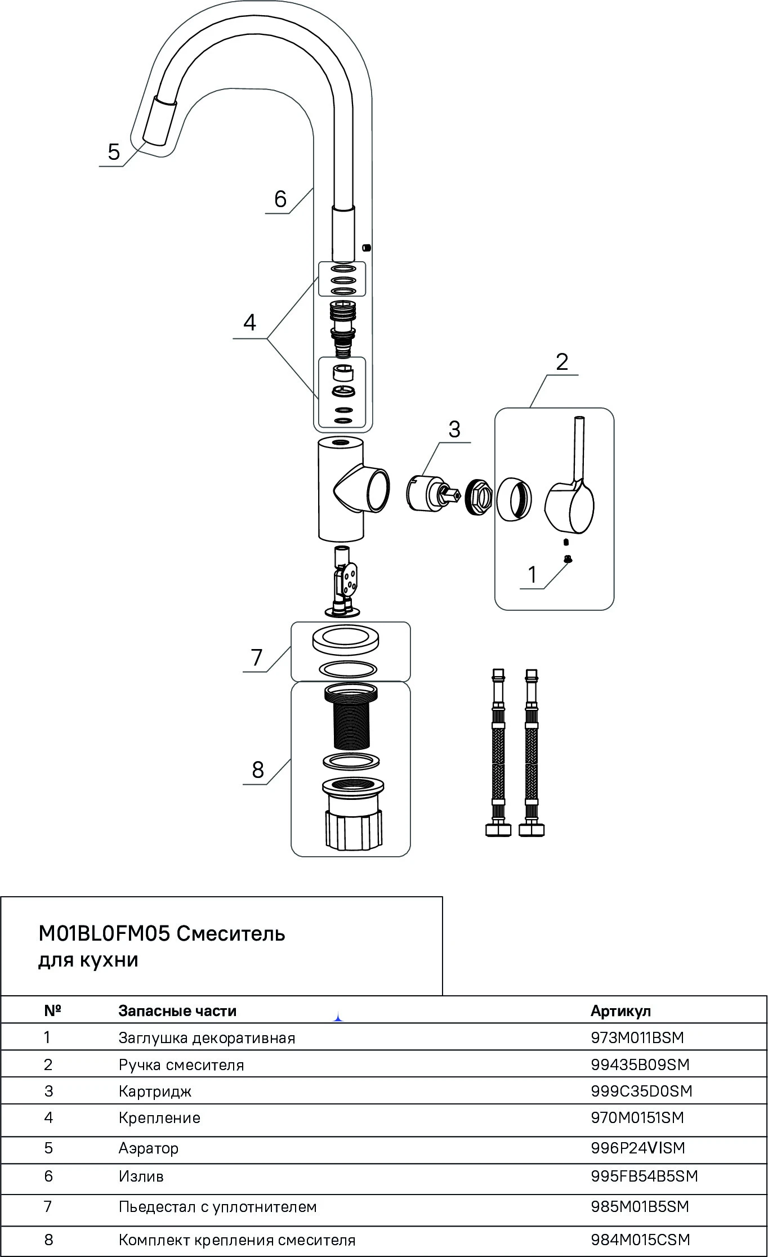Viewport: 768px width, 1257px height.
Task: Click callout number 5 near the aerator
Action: [114, 153]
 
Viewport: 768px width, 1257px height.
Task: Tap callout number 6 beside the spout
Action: [280, 199]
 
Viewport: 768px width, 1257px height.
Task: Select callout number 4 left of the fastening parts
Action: [249, 323]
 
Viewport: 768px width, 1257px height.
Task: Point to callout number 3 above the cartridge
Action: [454, 430]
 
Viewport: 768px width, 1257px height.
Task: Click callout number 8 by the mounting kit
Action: [257, 770]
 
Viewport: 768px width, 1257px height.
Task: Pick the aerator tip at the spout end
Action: [159, 120]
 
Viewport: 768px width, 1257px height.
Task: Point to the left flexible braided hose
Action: [498, 751]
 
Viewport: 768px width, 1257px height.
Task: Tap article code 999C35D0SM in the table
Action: [641, 1092]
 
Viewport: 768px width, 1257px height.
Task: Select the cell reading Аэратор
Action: [148, 1148]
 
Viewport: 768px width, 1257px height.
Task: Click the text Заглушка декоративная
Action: [207, 1038]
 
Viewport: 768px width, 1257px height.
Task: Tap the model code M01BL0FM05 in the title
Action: [104, 934]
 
